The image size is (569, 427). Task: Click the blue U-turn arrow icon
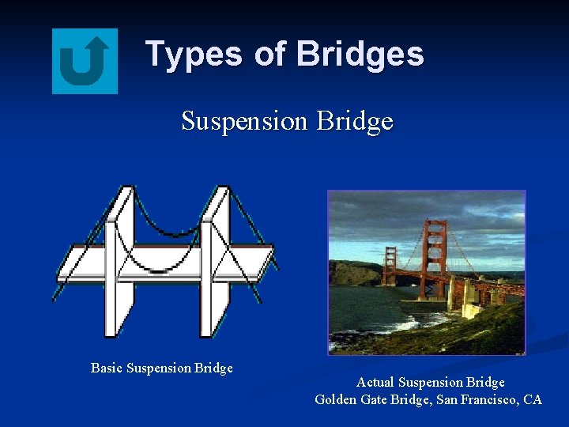[x=85, y=61]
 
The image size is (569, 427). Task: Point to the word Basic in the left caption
[x=107, y=368]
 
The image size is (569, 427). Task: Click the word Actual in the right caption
[x=376, y=383]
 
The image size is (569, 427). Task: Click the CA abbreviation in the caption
[x=533, y=399]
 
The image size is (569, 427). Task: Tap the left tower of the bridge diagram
[x=119, y=261]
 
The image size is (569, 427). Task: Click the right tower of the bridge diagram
[x=215, y=261]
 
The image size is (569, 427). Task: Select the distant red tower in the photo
[x=390, y=266]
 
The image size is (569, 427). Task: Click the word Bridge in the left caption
[x=213, y=368]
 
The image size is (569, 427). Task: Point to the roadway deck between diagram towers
[x=168, y=256]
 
